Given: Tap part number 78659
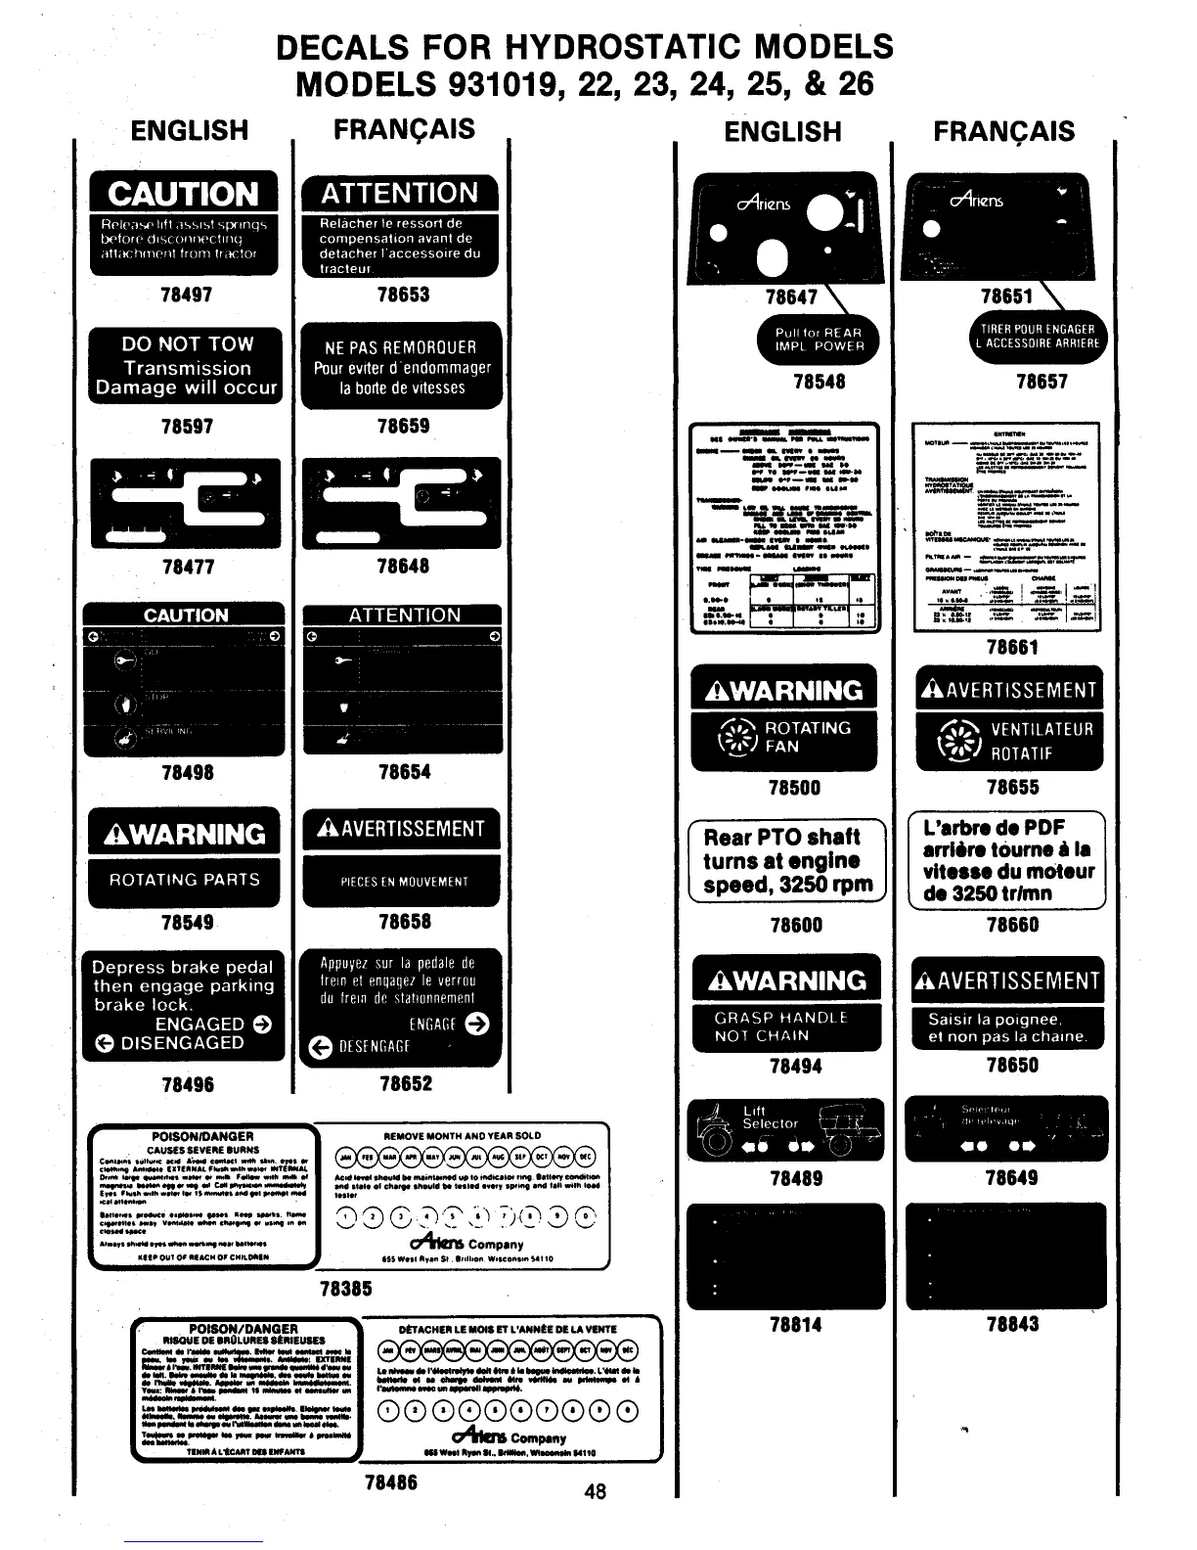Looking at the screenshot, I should click(x=402, y=427).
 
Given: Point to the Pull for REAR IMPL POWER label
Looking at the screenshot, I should click(x=818, y=339).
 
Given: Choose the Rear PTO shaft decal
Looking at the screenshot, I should click(x=787, y=861).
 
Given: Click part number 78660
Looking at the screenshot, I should click(x=1011, y=925).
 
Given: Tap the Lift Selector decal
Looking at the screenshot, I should click(x=785, y=1128).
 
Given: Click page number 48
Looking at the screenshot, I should click(x=594, y=1491).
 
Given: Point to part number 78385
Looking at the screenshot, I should click(x=346, y=1289).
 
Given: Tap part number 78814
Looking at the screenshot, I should click(x=796, y=1325).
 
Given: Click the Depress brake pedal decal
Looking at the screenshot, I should click(x=183, y=1005).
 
